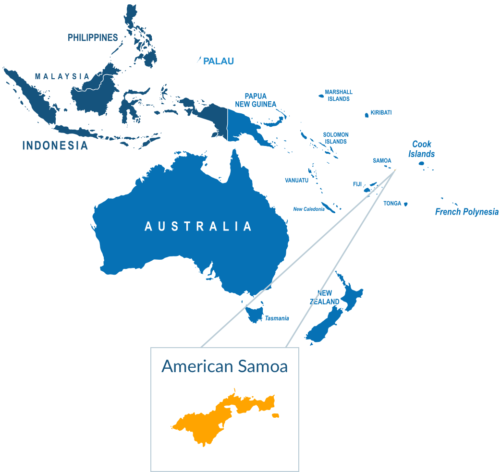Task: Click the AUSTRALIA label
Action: click(198, 226)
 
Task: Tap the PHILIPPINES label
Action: click(93, 37)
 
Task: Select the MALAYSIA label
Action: click(62, 76)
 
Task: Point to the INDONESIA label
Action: click(55, 145)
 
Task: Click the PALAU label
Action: click(219, 61)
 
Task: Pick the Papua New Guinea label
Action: click(256, 100)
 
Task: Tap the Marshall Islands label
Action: click(339, 95)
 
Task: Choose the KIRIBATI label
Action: click(381, 113)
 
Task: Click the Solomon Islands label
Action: click(336, 138)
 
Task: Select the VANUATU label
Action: click(296, 180)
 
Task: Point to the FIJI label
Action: click(357, 184)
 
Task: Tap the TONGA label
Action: click(392, 204)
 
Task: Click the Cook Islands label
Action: click(421, 149)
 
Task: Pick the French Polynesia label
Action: click(467, 212)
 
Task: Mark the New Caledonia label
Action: click(309, 209)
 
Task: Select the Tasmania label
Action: click(277, 318)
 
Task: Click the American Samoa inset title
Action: click(225, 366)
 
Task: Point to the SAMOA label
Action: click(382, 160)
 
